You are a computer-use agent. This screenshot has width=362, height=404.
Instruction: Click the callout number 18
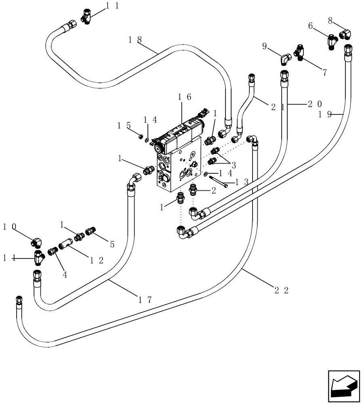(135, 39)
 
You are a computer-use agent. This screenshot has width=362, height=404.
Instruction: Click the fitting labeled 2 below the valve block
(193, 189)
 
